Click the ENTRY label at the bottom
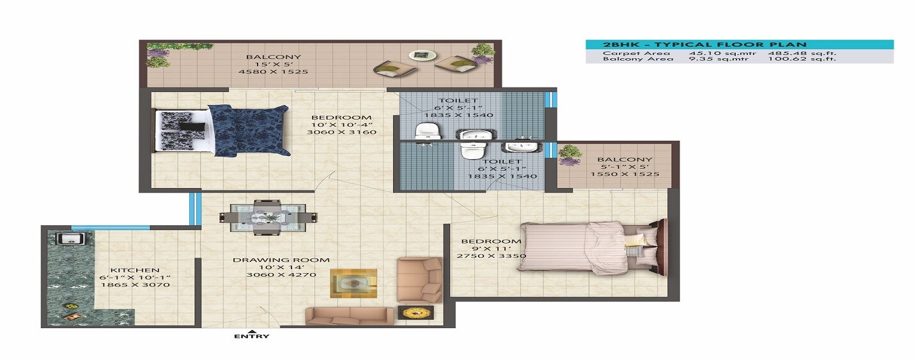[251, 336]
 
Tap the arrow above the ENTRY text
[251, 329]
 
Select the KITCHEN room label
[134, 270]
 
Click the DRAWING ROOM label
[281, 260]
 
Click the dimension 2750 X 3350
[491, 256]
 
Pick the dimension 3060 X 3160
[341, 132]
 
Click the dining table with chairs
[267, 217]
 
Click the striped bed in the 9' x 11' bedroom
[588, 246]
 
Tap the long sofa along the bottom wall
[349, 316]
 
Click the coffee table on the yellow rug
[353, 283]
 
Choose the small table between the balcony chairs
[419, 56]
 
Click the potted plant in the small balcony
[569, 155]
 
